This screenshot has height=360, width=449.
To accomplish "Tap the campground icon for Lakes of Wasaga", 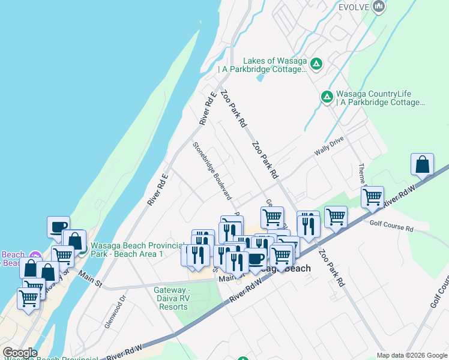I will tap(316, 62).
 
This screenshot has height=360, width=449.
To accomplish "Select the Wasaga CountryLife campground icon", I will tap(327, 96).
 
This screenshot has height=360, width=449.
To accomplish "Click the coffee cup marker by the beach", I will tap(58, 226).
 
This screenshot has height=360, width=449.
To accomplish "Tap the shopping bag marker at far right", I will tap(422, 164).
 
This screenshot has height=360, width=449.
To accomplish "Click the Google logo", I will tap(19, 353).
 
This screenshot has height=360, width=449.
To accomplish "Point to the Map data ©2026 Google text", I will tap(412, 355).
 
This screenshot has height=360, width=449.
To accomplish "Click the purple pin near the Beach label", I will tap(35, 256).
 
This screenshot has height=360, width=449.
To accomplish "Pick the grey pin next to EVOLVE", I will tap(378, 7).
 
